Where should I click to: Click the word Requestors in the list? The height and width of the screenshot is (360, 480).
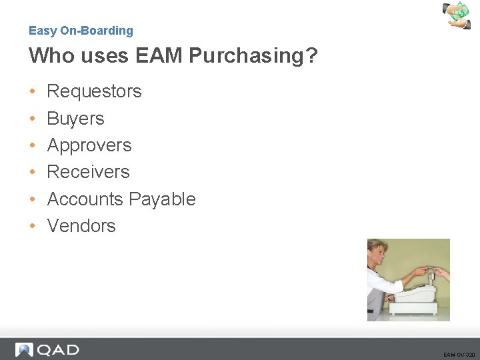coord(94,91)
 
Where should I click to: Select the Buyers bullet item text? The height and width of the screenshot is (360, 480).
coord(75,119)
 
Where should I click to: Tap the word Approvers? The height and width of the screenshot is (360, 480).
coord(89,145)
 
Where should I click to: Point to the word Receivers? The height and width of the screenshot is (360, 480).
coord(88,172)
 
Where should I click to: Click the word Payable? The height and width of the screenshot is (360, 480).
coord(162,199)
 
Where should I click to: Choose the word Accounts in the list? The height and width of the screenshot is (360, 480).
coord(85,199)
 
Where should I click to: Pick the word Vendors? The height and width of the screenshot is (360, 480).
coord(81,226)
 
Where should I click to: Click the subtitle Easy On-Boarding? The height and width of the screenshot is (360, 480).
coord(81,31)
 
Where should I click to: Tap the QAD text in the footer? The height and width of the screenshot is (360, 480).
coord(57,349)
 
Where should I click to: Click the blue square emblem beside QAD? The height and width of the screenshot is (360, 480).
coord(25,349)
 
